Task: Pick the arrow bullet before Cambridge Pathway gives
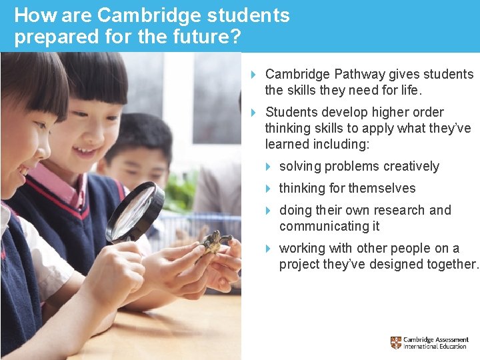(x=255, y=75)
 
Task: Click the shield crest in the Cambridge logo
(x=396, y=343)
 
